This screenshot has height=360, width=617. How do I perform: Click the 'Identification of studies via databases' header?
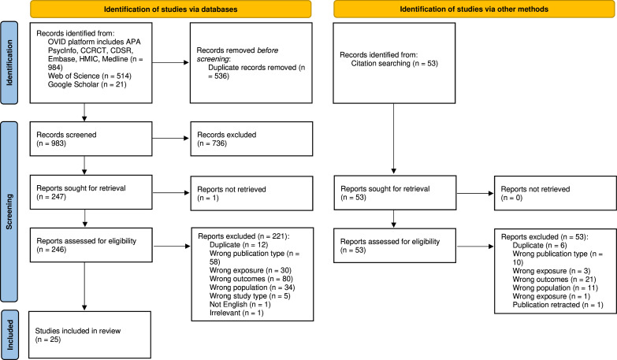pyautogui.click(x=170, y=9)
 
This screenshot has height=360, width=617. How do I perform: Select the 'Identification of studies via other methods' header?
pyautogui.click(x=474, y=9)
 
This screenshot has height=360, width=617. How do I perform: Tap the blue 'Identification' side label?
pyautogui.click(x=9, y=63)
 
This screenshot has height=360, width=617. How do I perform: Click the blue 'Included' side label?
pyautogui.click(x=9, y=335)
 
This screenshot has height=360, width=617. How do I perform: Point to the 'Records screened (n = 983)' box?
pyautogui.click(x=91, y=139)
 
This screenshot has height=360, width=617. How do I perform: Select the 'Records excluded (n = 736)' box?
pyautogui.click(x=251, y=139)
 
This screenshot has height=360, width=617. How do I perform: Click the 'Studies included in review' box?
pyautogui.click(x=90, y=335)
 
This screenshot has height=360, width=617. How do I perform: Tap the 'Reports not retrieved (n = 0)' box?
pyautogui.click(x=556, y=193)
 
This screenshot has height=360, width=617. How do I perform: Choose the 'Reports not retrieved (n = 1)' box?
pyautogui.click(x=251, y=193)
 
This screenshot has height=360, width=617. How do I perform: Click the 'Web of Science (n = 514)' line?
pyautogui.click(x=90, y=76)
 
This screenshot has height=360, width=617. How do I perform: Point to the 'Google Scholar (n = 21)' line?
pyautogui.click(x=87, y=84)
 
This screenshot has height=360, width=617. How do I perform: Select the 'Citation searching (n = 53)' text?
pyautogui.click(x=394, y=63)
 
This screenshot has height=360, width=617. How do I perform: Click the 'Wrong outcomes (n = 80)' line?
pyautogui.click(x=251, y=279)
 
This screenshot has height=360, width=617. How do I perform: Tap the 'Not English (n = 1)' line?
pyautogui.click(x=240, y=305)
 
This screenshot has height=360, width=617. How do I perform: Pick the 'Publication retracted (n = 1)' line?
pyautogui.click(x=558, y=305)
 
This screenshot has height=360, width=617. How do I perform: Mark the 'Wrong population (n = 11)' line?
pyautogui.click(x=556, y=288)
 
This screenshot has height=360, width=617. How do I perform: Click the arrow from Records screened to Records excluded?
pyautogui.click(x=171, y=138)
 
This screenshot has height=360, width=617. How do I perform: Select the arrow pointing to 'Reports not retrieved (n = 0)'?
pyautogui.click(x=475, y=193)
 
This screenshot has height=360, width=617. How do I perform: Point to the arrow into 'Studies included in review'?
pyautogui.click(x=84, y=287)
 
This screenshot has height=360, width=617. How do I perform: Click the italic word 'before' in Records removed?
pyautogui.click(x=268, y=50)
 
